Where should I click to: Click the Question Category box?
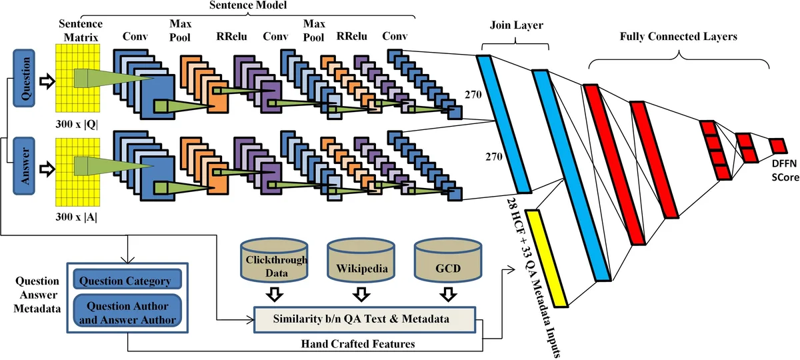[127, 281]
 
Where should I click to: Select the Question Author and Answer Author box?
[127, 313]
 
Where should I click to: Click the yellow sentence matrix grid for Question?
[78, 79]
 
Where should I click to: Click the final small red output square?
[778, 145]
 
